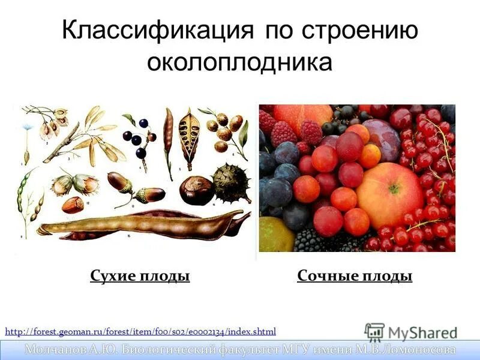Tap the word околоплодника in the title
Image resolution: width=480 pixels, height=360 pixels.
point(240,62)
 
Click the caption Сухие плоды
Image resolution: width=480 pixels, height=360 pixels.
point(140,276)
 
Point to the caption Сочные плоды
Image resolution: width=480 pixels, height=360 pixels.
point(355,276)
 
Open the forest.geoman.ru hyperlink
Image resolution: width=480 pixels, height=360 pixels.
point(140,331)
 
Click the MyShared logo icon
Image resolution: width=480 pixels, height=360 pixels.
point(374,332)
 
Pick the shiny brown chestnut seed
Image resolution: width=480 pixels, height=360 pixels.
point(196,190)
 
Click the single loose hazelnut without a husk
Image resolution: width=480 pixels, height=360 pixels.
point(73,205)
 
